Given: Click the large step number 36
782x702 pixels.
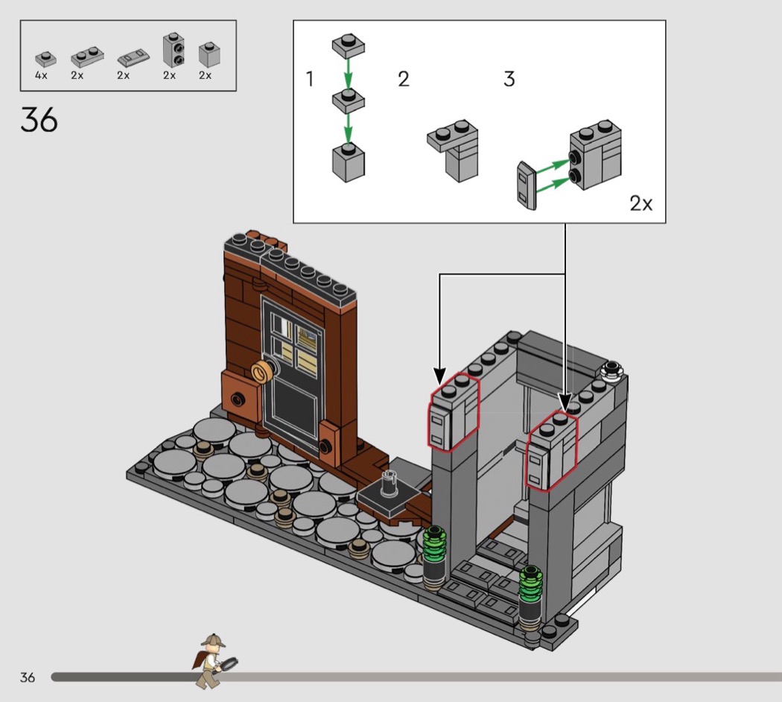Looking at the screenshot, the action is (39, 120).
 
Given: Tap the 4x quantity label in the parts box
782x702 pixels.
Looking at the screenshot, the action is (41, 75).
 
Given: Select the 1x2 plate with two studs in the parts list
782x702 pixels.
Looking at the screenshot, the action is (87, 57).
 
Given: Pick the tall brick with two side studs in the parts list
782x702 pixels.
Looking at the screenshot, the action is (174, 50).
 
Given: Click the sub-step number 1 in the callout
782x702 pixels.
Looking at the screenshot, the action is (310, 79).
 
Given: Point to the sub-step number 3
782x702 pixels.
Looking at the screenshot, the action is (509, 79).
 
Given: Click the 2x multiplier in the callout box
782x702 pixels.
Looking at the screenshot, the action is (640, 203).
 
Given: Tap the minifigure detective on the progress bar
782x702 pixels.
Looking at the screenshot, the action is (214, 660).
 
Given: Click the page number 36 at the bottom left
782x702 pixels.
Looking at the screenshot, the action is (28, 677).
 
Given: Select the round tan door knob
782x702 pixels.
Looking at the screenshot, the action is (261, 372).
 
